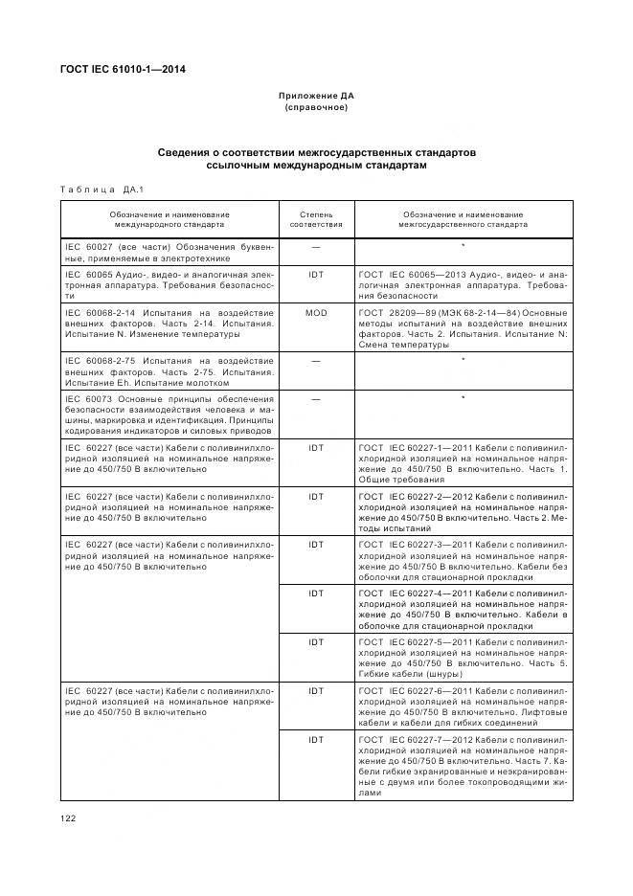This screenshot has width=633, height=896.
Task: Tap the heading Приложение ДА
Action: (316, 97)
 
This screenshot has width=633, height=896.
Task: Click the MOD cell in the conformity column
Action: (315, 313)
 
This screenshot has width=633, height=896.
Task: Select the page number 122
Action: (69, 818)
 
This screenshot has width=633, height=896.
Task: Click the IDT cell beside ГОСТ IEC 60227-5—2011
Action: (315, 641)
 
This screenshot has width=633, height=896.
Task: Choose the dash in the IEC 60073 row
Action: (315, 397)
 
